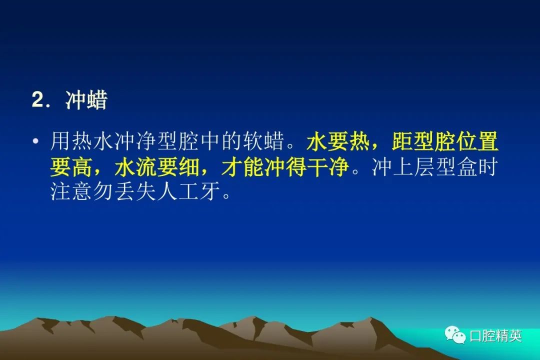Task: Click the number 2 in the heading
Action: [38, 100]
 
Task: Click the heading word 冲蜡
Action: [86, 100]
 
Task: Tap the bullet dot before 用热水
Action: [35, 141]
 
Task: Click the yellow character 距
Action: [402, 141]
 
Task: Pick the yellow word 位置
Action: [477, 141]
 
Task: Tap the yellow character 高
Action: [82, 167]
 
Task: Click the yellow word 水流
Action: [135, 167]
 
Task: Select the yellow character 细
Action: [189, 167]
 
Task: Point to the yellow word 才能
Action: [242, 167]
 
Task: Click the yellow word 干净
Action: [328, 167]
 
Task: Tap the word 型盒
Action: [455, 167]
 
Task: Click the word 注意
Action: [71, 191]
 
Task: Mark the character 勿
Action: [103, 191]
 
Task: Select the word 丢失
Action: [135, 191]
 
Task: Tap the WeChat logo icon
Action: [455, 334]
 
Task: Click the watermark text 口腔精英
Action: [495, 335]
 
